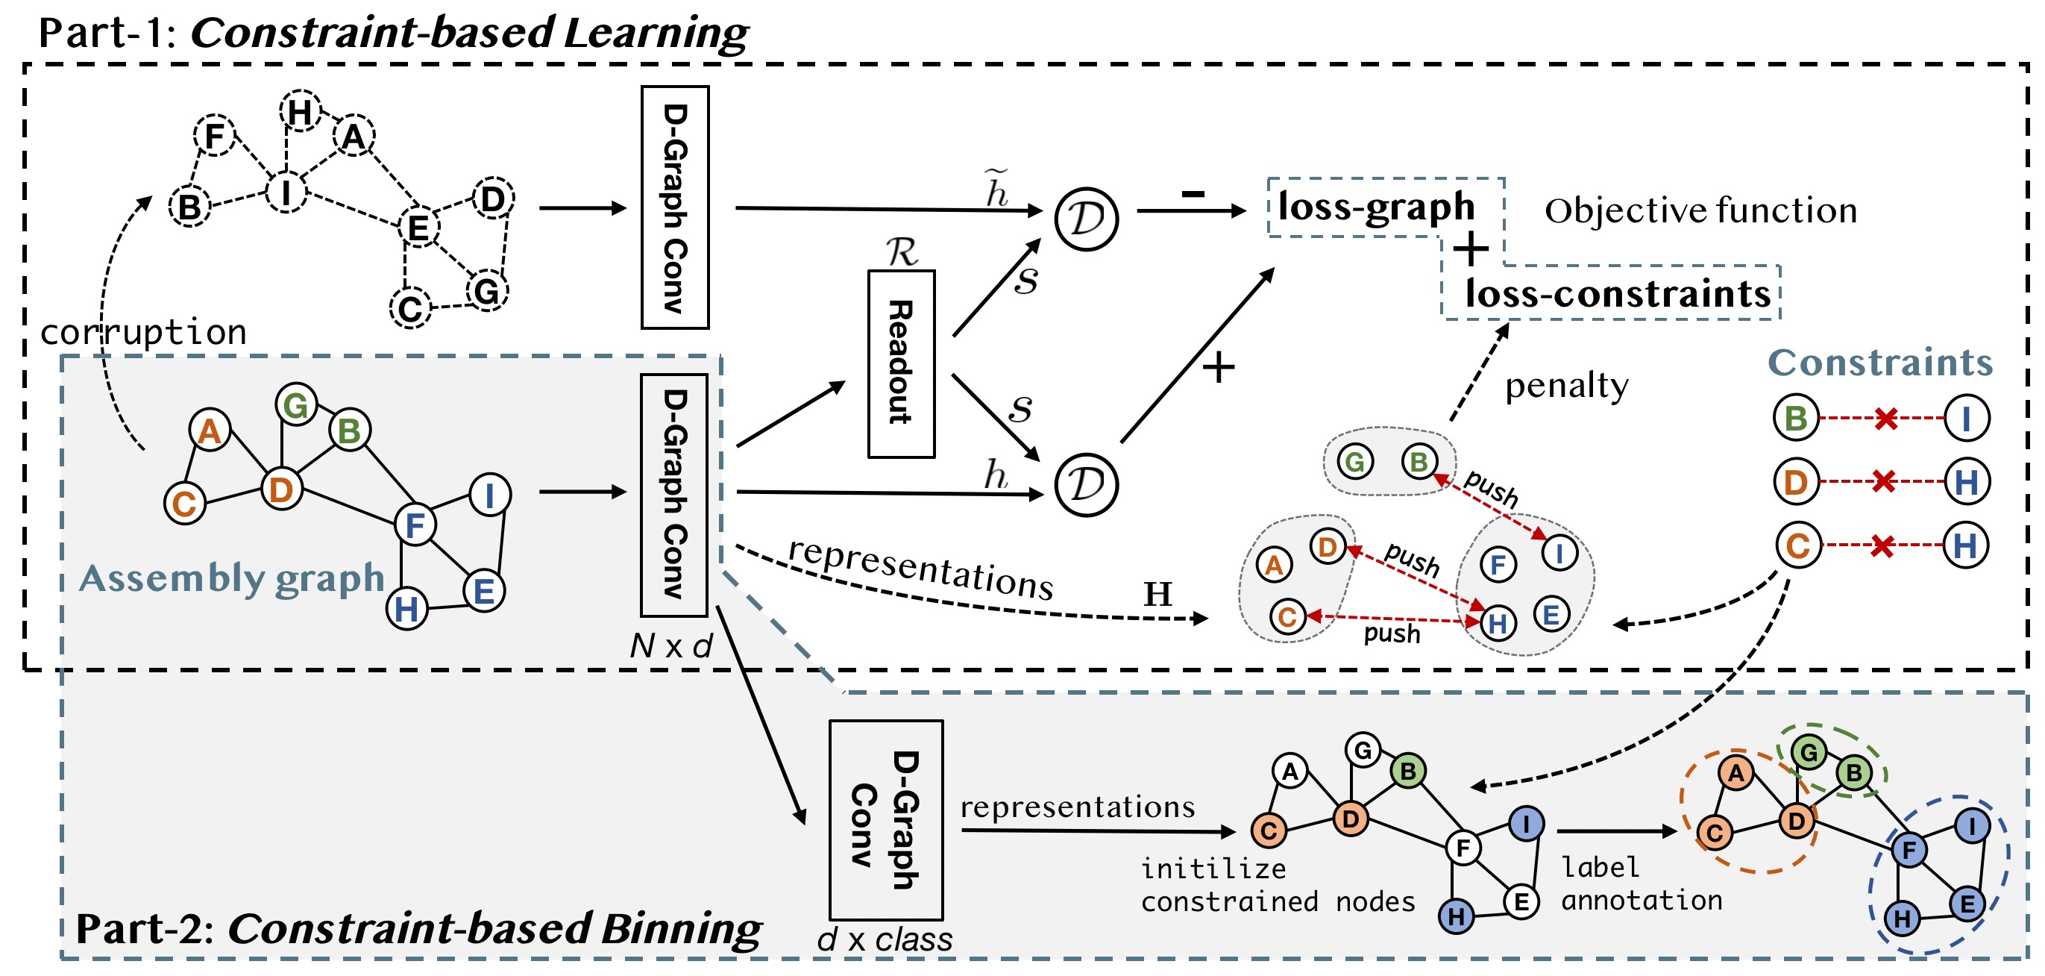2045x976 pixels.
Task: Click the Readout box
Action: point(901,363)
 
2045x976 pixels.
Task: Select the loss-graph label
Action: point(1376,207)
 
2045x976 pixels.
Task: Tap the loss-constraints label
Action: point(1618,293)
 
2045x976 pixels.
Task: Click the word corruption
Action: point(144,332)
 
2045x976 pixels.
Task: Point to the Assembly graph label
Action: point(232,578)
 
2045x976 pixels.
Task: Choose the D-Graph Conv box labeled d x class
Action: point(886,819)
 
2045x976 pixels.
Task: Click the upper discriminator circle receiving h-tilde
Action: point(1087,219)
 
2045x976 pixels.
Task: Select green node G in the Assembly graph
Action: point(296,405)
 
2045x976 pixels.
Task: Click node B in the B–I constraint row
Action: point(1796,418)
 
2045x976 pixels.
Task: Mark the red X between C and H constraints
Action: point(1882,545)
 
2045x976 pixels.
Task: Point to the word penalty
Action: point(1566,386)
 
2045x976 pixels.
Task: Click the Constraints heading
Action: point(1880,362)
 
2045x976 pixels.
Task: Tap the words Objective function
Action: point(1701,211)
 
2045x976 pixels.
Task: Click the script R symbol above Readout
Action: point(902,251)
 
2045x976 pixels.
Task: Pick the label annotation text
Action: point(1642,883)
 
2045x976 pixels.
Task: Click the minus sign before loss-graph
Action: point(1193,193)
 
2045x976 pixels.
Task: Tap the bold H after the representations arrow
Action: point(1157,594)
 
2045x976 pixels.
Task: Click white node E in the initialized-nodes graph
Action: point(1521,901)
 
